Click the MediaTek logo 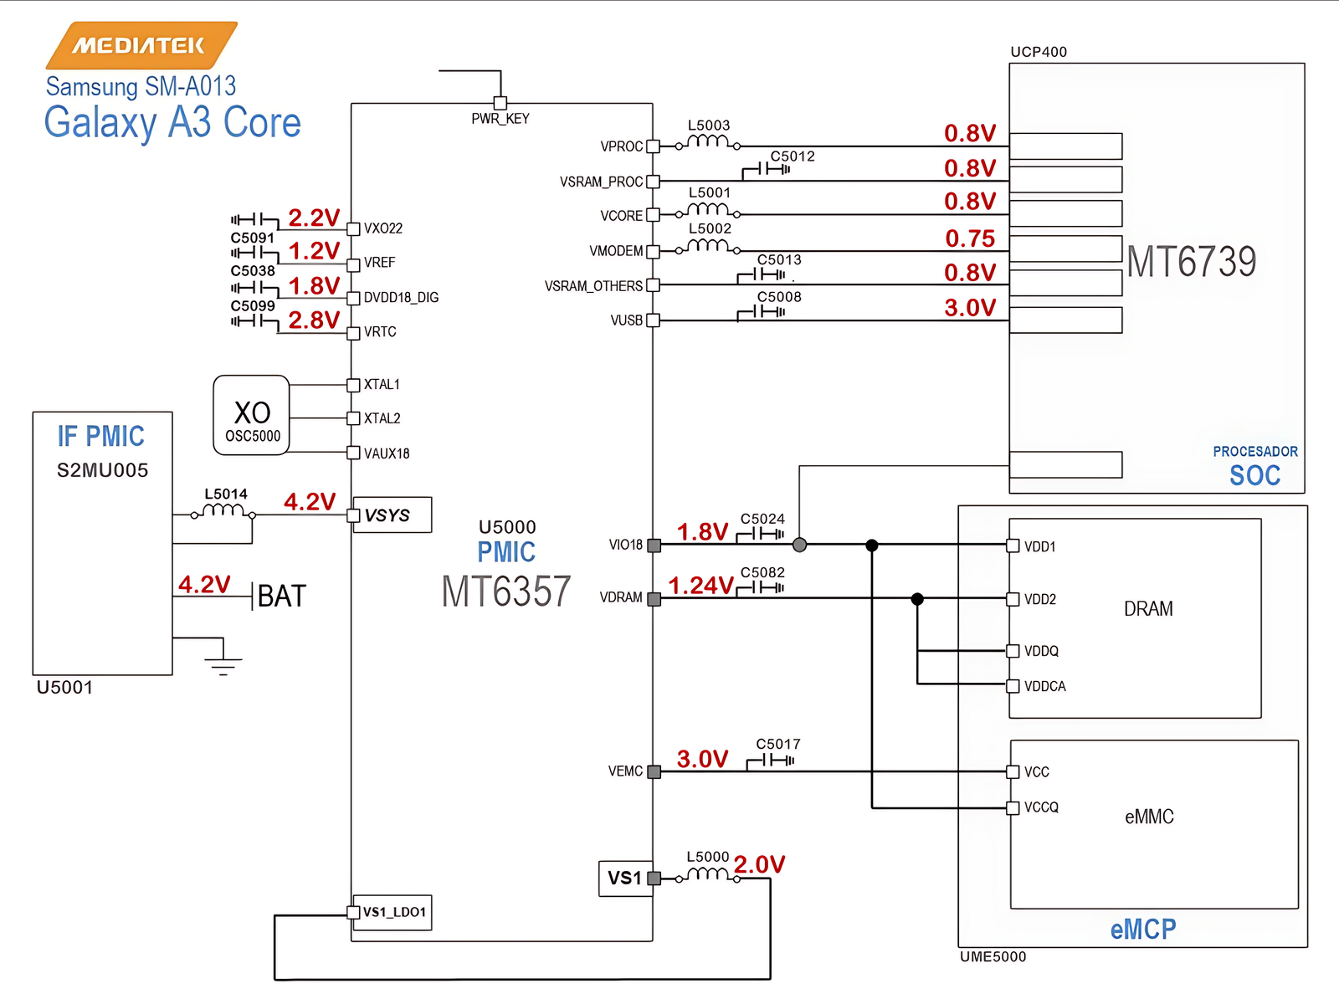[141, 45]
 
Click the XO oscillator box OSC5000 [251, 416]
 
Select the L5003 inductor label [709, 125]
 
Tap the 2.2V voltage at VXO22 [314, 218]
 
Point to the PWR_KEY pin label [500, 119]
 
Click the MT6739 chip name [1191, 262]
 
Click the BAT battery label [282, 597]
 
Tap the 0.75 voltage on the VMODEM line [970, 238]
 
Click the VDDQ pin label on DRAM [1041, 651]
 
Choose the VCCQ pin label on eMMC [1041, 807]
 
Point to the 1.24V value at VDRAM [700, 586]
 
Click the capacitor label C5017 [778, 744]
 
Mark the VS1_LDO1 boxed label [394, 912]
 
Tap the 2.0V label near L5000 [759, 864]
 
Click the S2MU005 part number [102, 470]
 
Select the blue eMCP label [1142, 930]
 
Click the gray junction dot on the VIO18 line [799, 545]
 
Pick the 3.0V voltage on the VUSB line [970, 308]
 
